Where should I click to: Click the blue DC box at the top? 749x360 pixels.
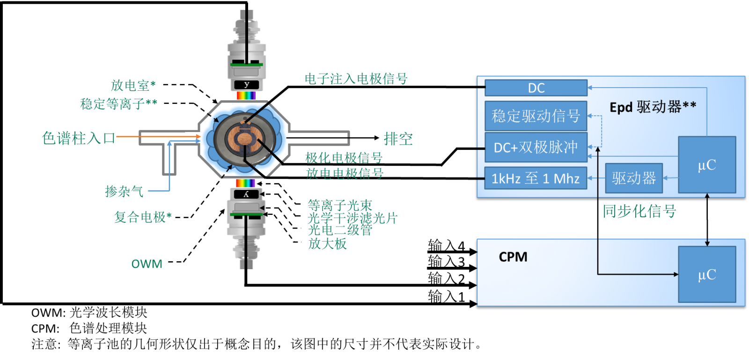click(x=536, y=88)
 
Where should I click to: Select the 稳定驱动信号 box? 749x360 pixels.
click(x=536, y=116)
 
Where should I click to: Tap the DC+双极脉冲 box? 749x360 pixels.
click(x=536, y=147)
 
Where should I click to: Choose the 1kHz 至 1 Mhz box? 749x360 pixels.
click(x=536, y=178)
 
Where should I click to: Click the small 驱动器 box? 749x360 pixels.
click(x=634, y=178)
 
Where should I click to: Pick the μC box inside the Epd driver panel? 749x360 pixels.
click(x=707, y=165)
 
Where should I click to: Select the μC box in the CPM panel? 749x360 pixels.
click(x=707, y=274)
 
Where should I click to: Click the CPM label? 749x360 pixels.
click(x=513, y=257)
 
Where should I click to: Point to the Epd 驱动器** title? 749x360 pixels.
click(x=653, y=107)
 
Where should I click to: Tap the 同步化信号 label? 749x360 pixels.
click(x=639, y=211)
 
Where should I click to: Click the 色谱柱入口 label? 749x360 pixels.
click(x=79, y=138)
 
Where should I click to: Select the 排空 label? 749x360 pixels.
click(x=398, y=139)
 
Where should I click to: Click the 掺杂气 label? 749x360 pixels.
click(x=124, y=191)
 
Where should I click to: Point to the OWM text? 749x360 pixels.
click(x=147, y=264)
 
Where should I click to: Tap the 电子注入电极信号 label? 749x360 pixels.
click(x=356, y=79)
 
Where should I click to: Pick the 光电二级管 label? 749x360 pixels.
click(x=340, y=230)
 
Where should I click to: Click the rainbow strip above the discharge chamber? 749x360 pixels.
click(x=246, y=96)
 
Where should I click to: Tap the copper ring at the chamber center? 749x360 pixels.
click(x=244, y=139)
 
